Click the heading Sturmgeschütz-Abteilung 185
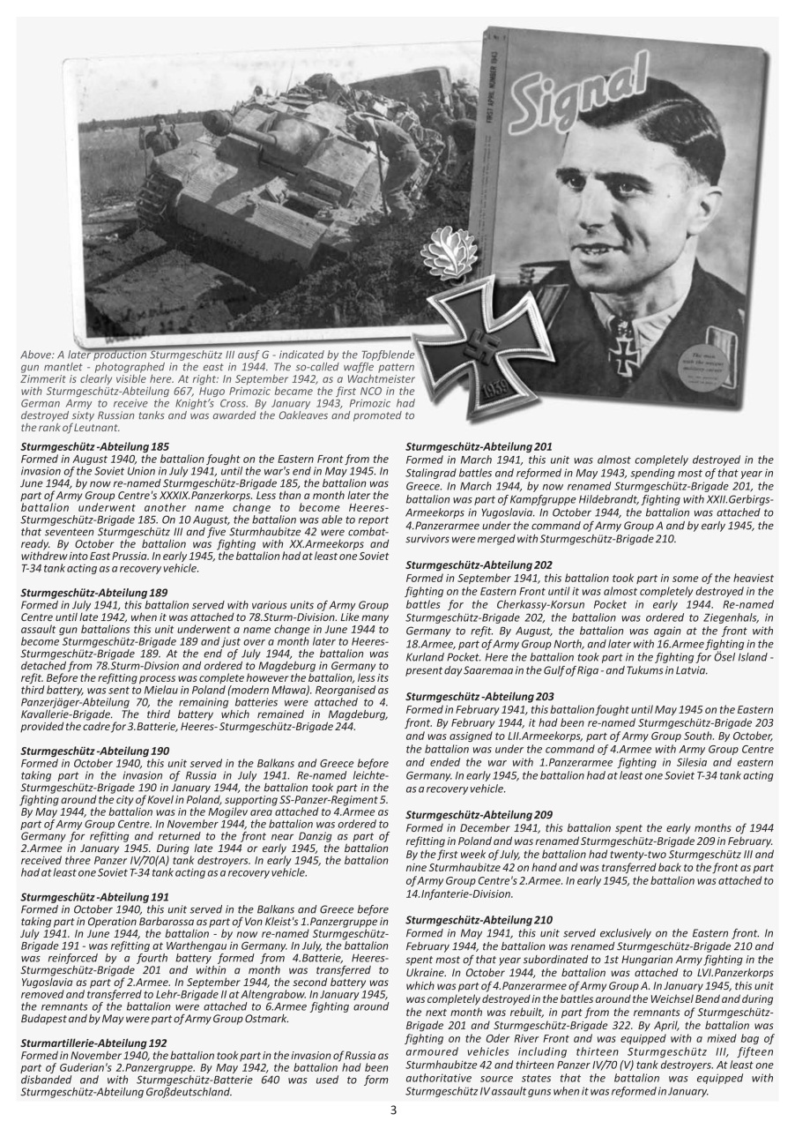95,447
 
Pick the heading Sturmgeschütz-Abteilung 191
95,896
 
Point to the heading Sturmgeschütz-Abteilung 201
479,447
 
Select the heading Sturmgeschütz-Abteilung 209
479,815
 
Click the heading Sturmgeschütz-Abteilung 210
479,920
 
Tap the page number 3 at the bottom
393,1110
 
